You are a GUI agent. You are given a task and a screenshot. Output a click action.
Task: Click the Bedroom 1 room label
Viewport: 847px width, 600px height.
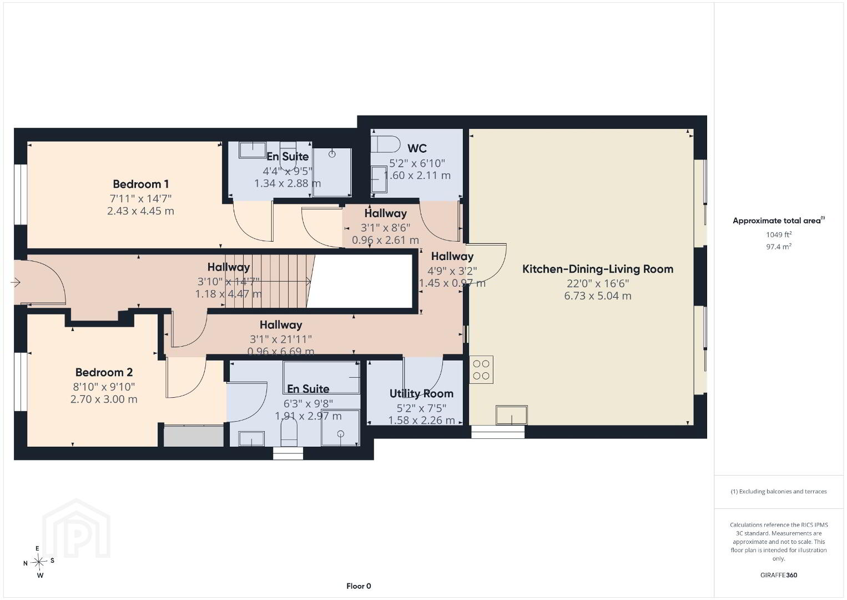(x=140, y=184)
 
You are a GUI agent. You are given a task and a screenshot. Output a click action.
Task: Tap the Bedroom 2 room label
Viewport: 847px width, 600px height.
(x=104, y=372)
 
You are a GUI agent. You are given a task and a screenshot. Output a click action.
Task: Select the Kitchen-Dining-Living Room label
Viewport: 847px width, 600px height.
(x=598, y=269)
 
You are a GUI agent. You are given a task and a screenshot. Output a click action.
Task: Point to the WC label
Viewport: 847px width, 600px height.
(x=417, y=148)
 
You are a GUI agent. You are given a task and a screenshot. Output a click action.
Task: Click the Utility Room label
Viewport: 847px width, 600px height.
(x=421, y=394)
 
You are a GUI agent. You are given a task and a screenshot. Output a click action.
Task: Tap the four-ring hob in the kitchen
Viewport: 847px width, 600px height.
(x=481, y=370)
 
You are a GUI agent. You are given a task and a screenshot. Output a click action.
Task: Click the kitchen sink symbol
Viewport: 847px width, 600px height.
(x=512, y=415)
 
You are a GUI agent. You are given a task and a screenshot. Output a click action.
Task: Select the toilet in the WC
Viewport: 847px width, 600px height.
(x=385, y=144)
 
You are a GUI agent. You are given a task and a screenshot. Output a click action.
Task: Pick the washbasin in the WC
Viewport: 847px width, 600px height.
(x=379, y=180)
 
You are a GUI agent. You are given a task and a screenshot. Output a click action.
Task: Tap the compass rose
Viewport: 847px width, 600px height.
(x=39, y=562)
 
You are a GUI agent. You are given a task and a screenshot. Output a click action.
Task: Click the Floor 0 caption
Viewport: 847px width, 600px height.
(x=359, y=586)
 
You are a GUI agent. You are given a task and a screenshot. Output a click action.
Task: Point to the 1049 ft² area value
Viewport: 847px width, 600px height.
(x=779, y=234)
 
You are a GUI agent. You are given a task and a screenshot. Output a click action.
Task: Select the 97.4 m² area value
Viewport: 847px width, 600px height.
(x=779, y=247)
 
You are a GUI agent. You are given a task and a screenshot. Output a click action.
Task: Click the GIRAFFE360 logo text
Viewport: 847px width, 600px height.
(x=779, y=575)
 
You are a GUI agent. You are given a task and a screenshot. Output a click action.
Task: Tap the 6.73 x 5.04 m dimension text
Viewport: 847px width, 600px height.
(x=598, y=296)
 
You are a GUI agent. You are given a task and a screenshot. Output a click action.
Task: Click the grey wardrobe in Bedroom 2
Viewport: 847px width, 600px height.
(x=194, y=436)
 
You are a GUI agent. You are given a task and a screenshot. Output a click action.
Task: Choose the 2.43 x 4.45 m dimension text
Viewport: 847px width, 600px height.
(x=140, y=211)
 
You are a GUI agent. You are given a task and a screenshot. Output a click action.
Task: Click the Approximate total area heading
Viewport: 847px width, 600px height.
(x=779, y=221)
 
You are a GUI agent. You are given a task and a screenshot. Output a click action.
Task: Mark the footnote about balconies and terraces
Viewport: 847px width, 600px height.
(x=779, y=491)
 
